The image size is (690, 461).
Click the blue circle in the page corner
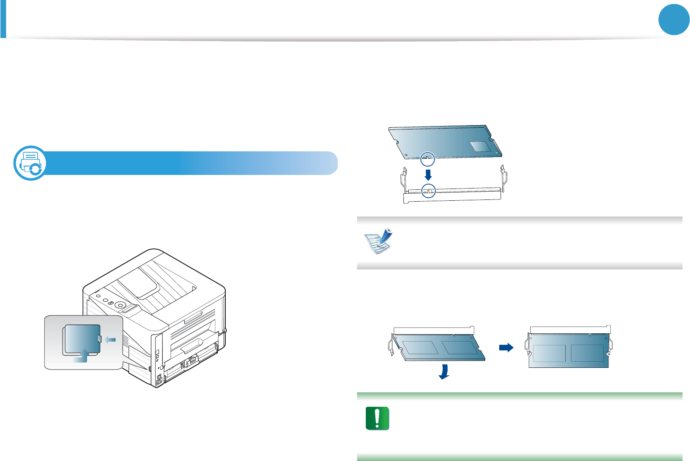[674, 20]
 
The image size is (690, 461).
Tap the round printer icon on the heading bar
[30, 163]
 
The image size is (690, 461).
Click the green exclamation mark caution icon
[377, 419]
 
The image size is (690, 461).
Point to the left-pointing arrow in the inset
[110, 340]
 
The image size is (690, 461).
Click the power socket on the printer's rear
[159, 381]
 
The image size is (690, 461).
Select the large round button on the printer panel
[121, 304]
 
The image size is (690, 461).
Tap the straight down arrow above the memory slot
[428, 175]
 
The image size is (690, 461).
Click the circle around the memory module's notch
[427, 159]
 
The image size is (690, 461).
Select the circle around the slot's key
[428, 190]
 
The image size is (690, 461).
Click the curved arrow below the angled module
[444, 372]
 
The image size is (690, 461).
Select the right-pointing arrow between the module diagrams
[506, 348]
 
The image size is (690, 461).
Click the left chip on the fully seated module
[549, 353]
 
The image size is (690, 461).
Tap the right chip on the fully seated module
[587, 353]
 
